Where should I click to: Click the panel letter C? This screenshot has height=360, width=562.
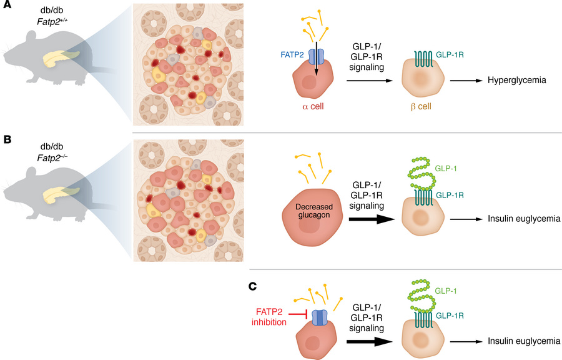pos(253,286)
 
